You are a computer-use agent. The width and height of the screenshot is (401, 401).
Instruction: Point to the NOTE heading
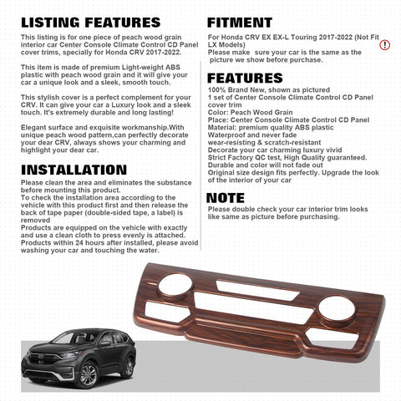(x=226, y=198)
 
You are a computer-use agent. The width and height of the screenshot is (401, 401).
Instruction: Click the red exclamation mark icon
(x=384, y=44)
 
